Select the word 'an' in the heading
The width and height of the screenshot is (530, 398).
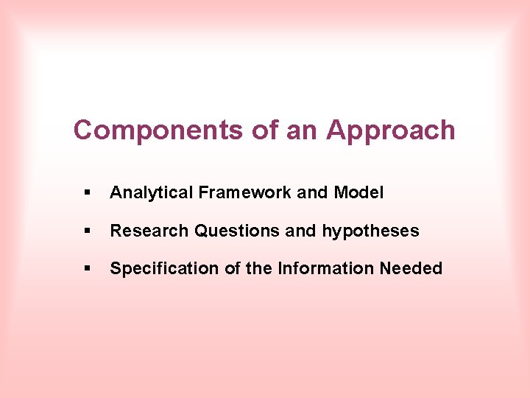[x=303, y=130]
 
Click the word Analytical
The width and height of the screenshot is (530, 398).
[x=151, y=193]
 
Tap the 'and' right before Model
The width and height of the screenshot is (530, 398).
[x=313, y=193]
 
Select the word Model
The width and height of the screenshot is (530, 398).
[x=358, y=193]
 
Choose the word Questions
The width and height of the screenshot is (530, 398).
[x=236, y=231]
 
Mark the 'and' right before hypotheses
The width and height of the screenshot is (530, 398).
[x=300, y=231]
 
